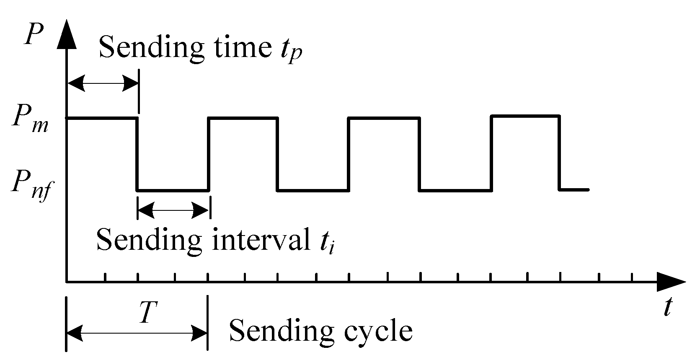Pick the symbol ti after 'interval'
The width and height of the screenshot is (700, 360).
325,242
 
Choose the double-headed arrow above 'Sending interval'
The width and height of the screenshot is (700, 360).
173,210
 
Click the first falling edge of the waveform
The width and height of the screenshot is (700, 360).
137,154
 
